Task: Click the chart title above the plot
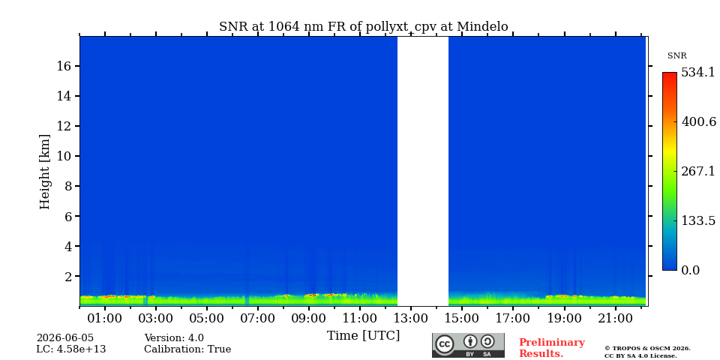click(363, 27)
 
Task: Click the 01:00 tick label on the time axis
click(105, 318)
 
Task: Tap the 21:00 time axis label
click(615, 318)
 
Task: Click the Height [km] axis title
click(44, 172)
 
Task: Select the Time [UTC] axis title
click(363, 336)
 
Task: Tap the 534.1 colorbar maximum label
click(698, 73)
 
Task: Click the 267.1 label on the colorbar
click(698, 171)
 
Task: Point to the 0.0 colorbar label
click(690, 270)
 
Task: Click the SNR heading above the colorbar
click(676, 56)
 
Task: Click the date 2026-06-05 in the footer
click(65, 338)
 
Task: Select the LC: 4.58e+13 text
click(71, 349)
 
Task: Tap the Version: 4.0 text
click(174, 338)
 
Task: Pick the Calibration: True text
click(187, 349)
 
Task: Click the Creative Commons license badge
click(468, 345)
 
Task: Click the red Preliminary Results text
click(552, 348)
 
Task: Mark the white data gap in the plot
click(423, 171)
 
